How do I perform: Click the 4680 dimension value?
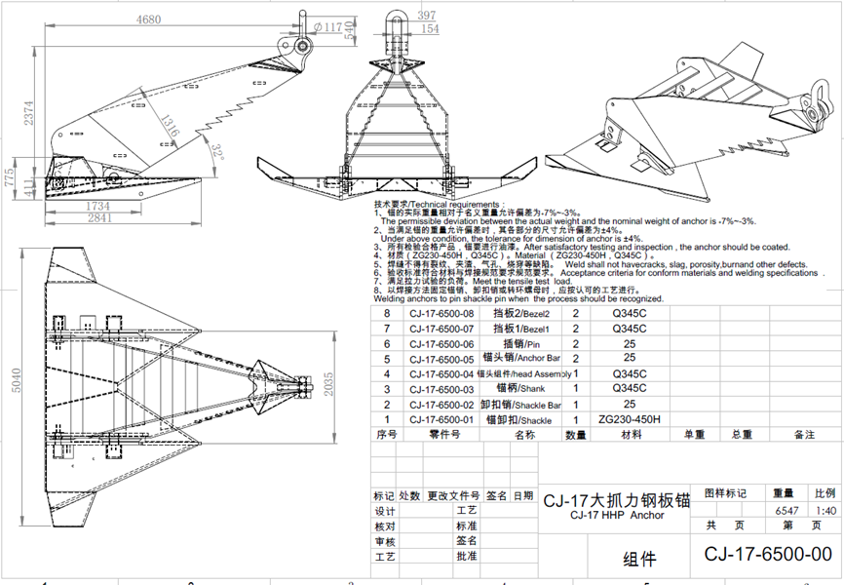[x=149, y=19]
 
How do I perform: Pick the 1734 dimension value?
[x=97, y=206]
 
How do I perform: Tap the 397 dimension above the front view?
[x=426, y=16]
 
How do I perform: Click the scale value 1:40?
[x=825, y=510]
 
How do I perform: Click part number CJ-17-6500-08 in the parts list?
[x=441, y=314]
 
